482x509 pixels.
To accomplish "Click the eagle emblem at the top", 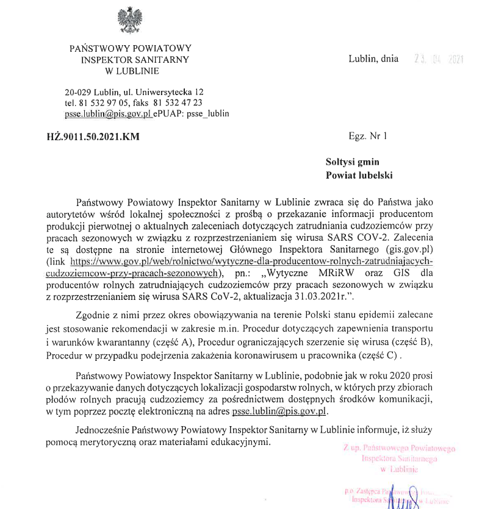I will [x=129, y=20].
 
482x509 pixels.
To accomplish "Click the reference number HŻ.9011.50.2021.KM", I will [x=93, y=137].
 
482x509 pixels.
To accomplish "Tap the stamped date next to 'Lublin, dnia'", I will [x=439, y=60].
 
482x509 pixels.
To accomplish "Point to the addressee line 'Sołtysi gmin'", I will [x=352, y=162].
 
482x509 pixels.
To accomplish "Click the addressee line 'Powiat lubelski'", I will [x=359, y=175].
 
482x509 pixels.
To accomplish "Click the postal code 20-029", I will [x=79, y=91].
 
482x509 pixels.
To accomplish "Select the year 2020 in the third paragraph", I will [x=397, y=374].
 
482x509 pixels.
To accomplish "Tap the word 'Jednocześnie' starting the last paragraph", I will [x=103, y=429].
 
